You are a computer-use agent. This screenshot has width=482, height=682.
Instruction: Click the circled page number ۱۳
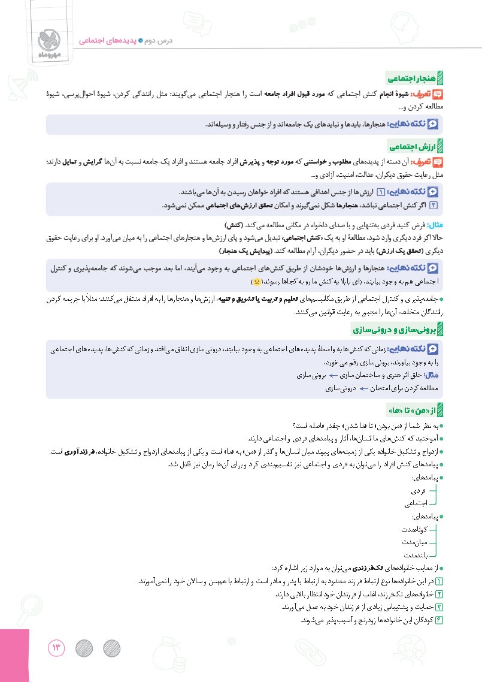coord(56,648)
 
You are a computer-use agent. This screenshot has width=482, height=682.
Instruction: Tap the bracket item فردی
coord(428,491)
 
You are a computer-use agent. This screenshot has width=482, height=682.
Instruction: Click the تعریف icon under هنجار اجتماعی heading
coord(438,93)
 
